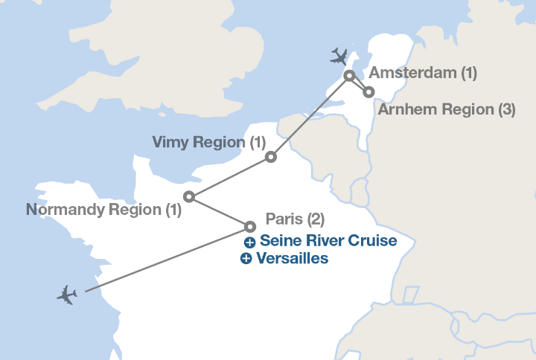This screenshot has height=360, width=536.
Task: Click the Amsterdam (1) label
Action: tap(423, 73)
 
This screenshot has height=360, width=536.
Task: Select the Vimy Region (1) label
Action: tap(208, 141)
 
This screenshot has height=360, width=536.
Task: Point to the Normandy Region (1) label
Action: tap(103, 210)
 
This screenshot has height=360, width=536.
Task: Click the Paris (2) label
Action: tap(295, 219)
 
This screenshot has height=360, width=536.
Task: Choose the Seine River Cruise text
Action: tap(328, 242)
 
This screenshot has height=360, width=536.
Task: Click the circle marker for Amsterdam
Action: tap(349, 75)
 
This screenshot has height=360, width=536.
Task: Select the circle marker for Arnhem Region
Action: tap(368, 92)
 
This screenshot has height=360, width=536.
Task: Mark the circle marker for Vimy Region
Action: tap(271, 157)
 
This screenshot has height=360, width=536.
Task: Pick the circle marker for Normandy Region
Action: tap(189, 197)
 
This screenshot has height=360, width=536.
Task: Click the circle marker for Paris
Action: tap(250, 226)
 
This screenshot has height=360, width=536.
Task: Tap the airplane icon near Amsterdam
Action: tap(339, 56)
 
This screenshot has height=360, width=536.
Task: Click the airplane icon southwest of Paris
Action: tap(67, 295)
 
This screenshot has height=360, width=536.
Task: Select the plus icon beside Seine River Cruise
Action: tap(250, 242)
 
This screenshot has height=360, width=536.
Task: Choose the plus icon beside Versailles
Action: tap(246, 259)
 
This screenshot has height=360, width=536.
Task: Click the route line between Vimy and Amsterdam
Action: tap(310, 116)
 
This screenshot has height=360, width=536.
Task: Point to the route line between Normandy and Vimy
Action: tap(230, 177)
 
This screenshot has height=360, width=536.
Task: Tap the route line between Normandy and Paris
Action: tap(220, 212)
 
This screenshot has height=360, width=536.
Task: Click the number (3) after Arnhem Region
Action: tap(506, 109)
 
